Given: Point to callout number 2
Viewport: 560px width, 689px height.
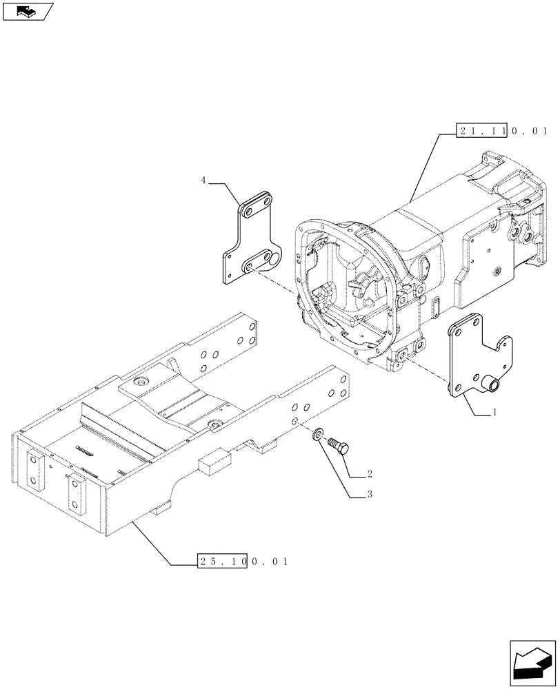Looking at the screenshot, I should click(x=370, y=474).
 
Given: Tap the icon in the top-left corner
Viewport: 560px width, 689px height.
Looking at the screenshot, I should click(x=27, y=10).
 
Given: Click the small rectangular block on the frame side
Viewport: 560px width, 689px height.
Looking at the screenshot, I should click(x=214, y=464).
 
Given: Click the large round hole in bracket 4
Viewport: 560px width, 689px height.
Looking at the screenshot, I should click(x=274, y=258).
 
